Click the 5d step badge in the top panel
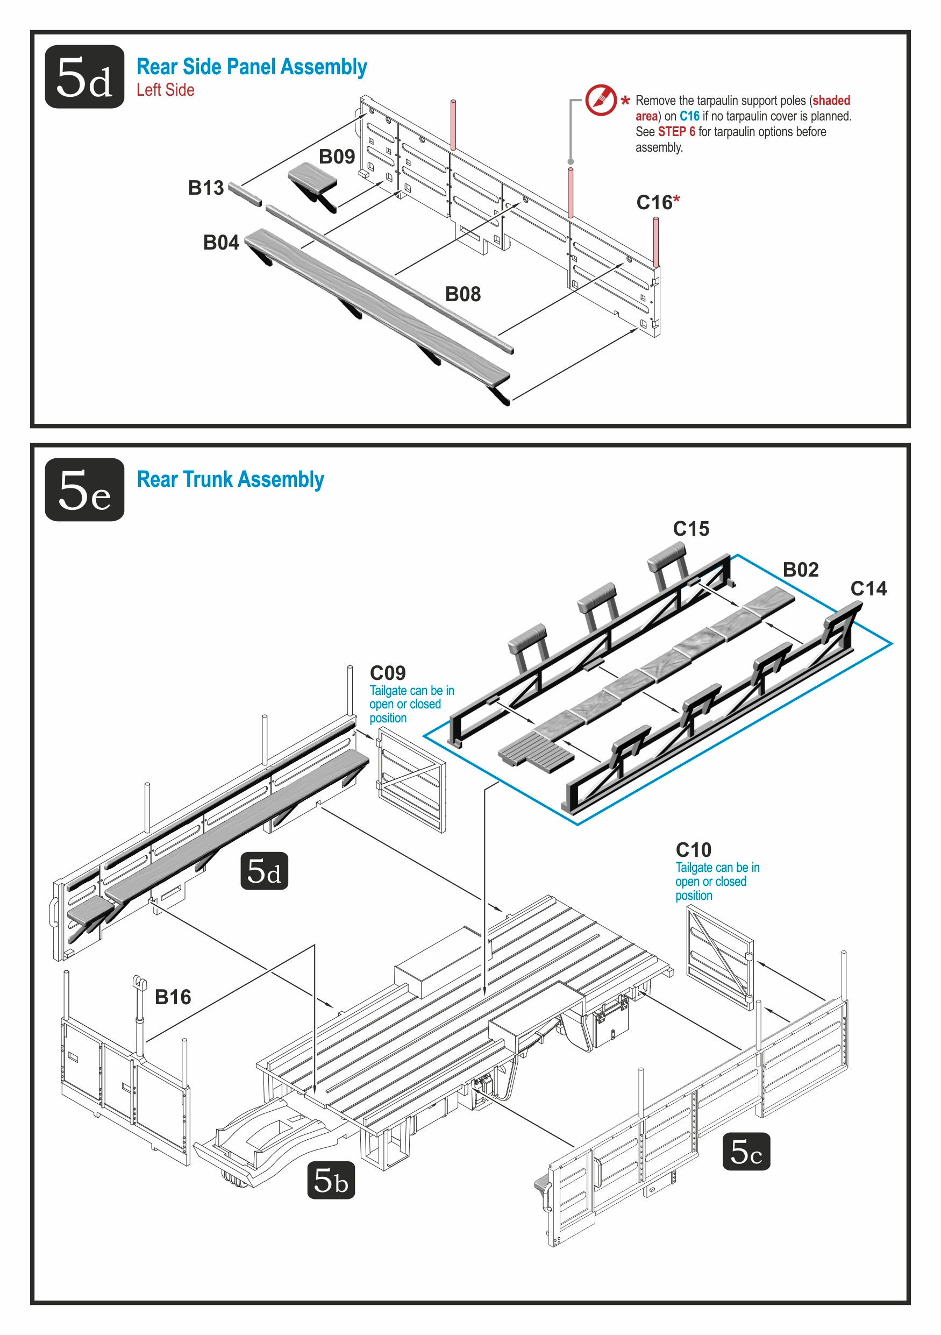[x=84, y=77]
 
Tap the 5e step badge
[x=84, y=489]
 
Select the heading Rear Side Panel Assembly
[x=252, y=67]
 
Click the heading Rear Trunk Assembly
[x=230, y=480]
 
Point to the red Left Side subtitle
[x=165, y=90]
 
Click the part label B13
[x=206, y=188]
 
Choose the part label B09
[x=337, y=157]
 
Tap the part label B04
[x=221, y=243]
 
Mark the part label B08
[x=462, y=294]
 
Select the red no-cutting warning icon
[x=601, y=100]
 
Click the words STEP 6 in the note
[x=676, y=132]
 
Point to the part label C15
[x=691, y=529]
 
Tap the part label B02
[x=800, y=570]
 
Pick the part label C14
[x=868, y=588]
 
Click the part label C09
[x=388, y=673]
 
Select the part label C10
[x=694, y=850]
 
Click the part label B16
[x=173, y=997]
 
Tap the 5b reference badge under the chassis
[x=331, y=1180]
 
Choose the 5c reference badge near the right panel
[x=746, y=1151]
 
